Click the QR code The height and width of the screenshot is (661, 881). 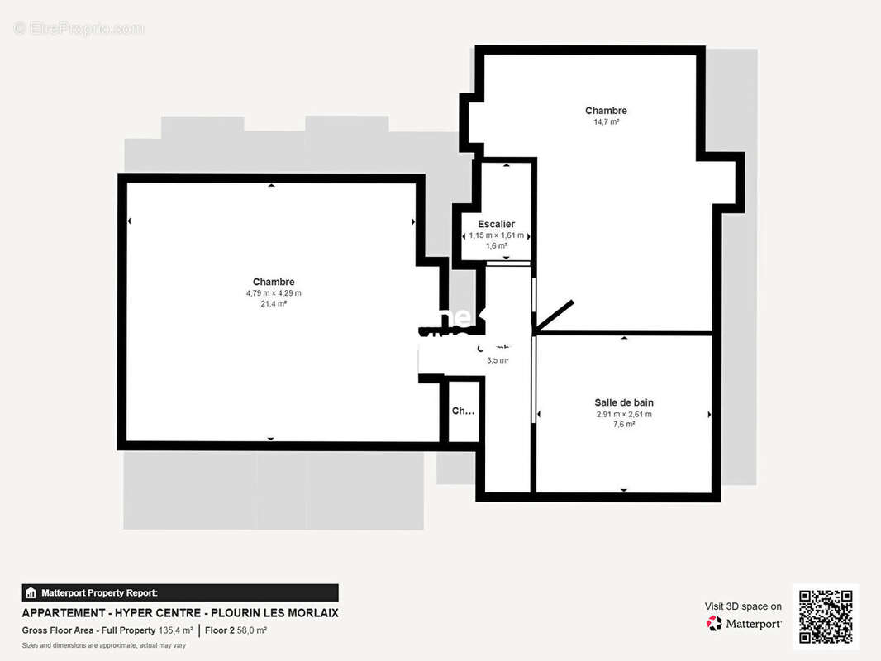coord(826,617)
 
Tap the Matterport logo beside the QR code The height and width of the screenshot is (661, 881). coord(744,624)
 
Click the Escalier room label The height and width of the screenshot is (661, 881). coord(496,224)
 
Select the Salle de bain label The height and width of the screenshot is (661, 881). coord(624,402)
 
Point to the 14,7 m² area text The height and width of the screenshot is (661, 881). coord(606,121)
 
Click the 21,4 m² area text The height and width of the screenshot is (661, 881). coord(274,303)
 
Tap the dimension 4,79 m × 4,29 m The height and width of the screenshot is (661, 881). coord(274,292)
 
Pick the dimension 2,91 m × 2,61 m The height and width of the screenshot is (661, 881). coord(624,414)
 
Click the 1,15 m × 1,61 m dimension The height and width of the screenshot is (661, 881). coord(496,235)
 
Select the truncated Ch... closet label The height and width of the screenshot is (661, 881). coord(463,411)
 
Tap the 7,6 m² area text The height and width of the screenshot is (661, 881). coord(624,424)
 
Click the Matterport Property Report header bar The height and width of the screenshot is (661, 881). coord(180,592)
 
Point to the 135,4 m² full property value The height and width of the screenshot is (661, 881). coord(175,630)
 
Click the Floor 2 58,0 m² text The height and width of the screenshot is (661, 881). coord(236,630)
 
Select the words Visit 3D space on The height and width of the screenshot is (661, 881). coord(743,606)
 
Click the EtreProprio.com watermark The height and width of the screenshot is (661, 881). coord(79,29)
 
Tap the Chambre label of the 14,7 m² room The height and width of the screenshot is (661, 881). coord(606,111)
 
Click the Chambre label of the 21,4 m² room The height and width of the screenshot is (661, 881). coord(274,282)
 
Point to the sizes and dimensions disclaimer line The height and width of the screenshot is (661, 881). coord(103,645)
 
